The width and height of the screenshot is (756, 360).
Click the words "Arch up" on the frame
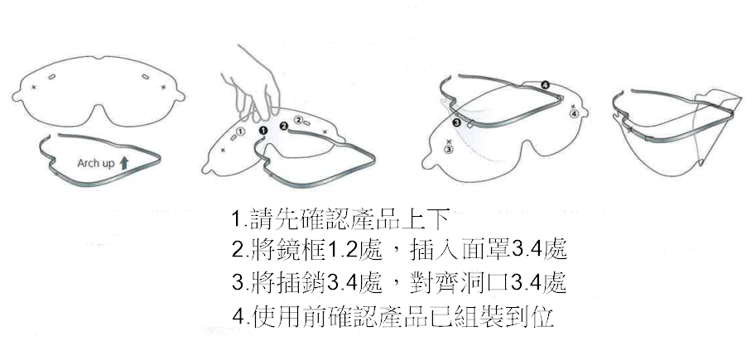click(x=96, y=163)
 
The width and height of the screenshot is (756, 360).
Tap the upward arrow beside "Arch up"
click(x=124, y=163)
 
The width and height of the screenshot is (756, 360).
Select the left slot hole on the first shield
click(x=51, y=77)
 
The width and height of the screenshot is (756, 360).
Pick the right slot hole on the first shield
click(x=145, y=77)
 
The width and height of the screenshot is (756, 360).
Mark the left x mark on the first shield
click(x=33, y=87)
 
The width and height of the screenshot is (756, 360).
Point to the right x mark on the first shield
click(x=163, y=87)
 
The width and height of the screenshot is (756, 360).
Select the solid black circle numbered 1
click(x=263, y=130)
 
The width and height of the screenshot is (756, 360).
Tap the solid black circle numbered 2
click(x=284, y=126)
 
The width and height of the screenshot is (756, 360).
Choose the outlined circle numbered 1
click(x=241, y=131)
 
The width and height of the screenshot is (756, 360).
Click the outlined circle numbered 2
click(x=298, y=119)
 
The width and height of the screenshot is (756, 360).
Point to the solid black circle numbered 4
click(x=546, y=85)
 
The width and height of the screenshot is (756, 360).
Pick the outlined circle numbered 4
click(x=574, y=113)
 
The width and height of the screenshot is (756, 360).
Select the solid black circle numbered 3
click(x=456, y=122)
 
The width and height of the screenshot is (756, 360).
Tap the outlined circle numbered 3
click(x=449, y=150)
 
